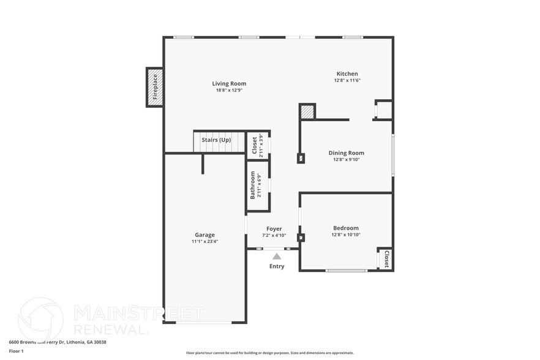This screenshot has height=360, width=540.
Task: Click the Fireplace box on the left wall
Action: [x=154, y=87]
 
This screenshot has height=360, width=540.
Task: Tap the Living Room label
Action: [x=229, y=84]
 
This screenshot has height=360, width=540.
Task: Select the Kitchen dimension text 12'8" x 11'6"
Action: [x=347, y=80]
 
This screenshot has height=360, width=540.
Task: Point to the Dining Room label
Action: [x=346, y=153]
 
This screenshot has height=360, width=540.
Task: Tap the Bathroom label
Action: [x=252, y=185]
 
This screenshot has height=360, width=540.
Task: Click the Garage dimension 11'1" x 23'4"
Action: [x=204, y=241]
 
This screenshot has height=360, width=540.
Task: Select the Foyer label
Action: [x=274, y=229]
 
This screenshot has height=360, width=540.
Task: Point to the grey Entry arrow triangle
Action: [x=277, y=257]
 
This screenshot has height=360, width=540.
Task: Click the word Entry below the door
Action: [x=277, y=266]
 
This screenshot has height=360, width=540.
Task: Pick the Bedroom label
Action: [x=346, y=228]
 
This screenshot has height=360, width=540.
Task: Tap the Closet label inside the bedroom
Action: [x=386, y=259]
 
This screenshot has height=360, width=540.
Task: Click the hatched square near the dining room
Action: [x=307, y=112]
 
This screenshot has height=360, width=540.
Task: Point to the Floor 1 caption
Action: [x=16, y=351]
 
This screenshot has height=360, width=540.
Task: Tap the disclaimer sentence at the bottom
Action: [x=269, y=353]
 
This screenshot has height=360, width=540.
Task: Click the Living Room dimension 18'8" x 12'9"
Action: [x=229, y=91]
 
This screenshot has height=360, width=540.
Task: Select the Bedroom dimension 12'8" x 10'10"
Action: [x=346, y=234]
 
